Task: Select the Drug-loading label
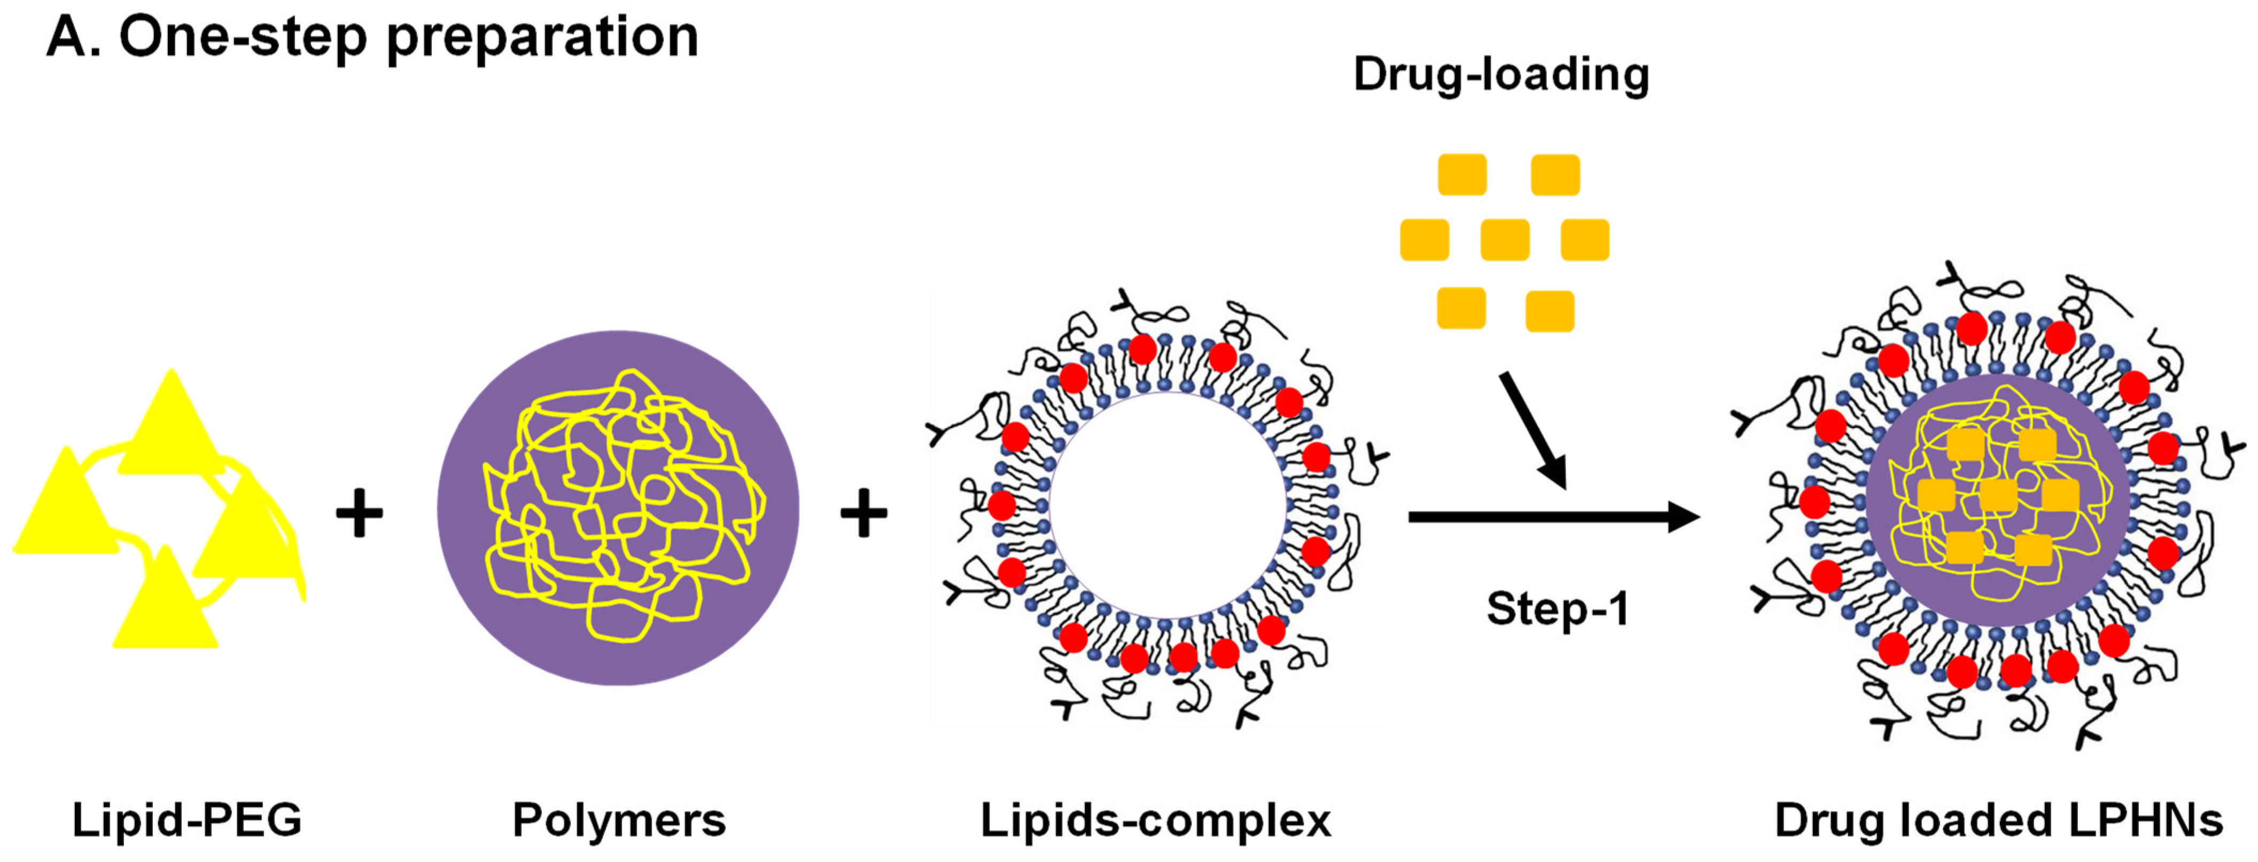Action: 1501,74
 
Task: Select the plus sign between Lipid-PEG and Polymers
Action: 360,512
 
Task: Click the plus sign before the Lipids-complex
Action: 863,512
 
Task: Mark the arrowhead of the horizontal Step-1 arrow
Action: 1683,517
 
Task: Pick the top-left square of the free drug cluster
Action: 1462,175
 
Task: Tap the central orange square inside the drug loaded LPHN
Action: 1998,495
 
